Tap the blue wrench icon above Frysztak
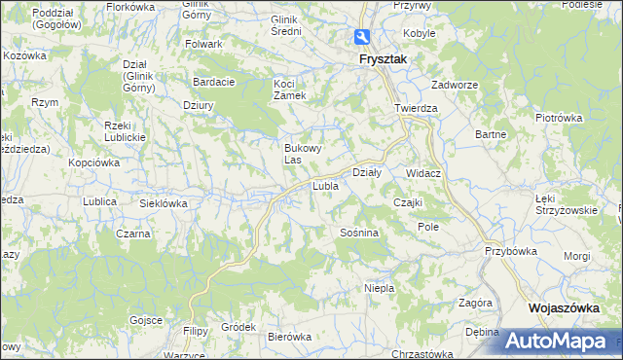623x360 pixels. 361,38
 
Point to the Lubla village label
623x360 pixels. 324,185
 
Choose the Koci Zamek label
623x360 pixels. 289,90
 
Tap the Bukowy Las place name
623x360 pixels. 301,153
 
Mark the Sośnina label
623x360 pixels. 359,234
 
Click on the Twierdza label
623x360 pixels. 416,109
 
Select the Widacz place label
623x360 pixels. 424,173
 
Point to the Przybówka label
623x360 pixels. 511,250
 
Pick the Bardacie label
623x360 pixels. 214,82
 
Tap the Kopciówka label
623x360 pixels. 93,162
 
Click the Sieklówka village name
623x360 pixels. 163,203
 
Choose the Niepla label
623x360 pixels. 378,288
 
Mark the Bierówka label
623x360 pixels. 288,337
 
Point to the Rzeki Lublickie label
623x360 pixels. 124,130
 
